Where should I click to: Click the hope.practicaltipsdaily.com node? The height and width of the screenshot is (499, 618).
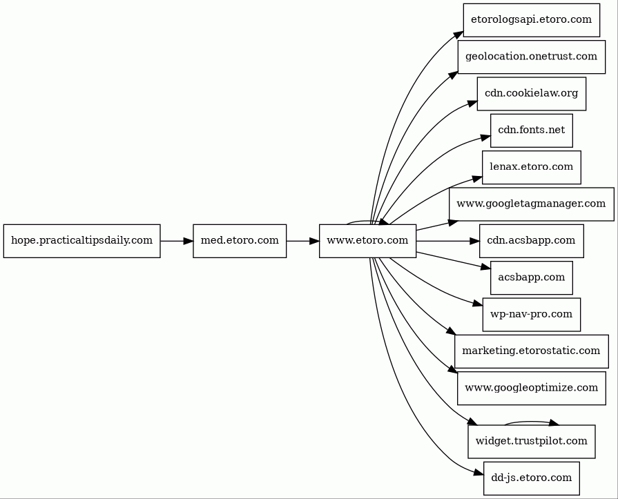[x=82, y=241]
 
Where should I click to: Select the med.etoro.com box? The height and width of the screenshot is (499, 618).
[x=240, y=241]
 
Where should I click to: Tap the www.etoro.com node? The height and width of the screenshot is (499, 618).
[x=368, y=241]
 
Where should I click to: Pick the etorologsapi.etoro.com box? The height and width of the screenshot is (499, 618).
[x=531, y=20]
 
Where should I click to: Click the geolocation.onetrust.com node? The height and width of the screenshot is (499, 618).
[x=531, y=57]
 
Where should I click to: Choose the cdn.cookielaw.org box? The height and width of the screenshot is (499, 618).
[x=531, y=94]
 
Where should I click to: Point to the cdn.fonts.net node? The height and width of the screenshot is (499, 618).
[x=531, y=130]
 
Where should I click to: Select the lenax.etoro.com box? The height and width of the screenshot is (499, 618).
[x=531, y=167]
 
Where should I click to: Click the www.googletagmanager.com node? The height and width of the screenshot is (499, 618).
[x=531, y=204]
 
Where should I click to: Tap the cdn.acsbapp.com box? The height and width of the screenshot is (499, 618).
[x=531, y=241]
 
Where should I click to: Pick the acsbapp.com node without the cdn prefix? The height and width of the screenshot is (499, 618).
[x=531, y=277]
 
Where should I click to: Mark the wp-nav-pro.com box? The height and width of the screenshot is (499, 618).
[x=531, y=314]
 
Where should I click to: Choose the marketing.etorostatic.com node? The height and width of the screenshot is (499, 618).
[x=531, y=351]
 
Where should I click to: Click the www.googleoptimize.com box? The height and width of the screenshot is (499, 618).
[x=531, y=388]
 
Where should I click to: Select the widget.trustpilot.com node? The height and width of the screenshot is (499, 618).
[x=531, y=442]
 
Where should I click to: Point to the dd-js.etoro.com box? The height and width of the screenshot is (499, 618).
[x=531, y=478]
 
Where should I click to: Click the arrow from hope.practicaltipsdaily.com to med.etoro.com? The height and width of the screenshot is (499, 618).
[x=177, y=241]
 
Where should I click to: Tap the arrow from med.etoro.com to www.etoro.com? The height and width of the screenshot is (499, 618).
[x=302, y=241]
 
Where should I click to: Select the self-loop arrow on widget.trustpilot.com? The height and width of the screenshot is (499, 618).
[x=531, y=422]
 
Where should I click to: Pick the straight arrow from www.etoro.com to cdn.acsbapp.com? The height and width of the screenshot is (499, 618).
[x=447, y=241]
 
